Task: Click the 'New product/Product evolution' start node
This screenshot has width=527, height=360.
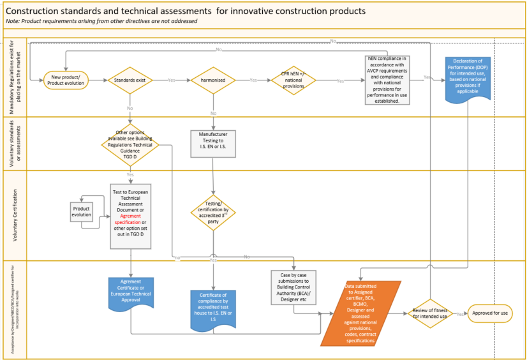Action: coord(66,80)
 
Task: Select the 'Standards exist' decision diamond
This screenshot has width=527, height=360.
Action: coord(130,80)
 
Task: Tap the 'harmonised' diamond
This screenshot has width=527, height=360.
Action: coord(214,80)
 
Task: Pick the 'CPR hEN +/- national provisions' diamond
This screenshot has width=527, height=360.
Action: coord(293,80)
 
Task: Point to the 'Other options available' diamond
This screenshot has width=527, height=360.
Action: coord(130,145)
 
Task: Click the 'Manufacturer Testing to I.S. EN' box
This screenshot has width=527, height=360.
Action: coord(214,144)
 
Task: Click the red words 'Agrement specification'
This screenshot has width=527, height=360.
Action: coord(130,218)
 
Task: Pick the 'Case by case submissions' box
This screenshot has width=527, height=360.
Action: coord(294,287)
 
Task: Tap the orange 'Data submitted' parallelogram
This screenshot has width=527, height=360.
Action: coord(360,313)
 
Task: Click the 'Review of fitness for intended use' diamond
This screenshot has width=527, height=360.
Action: coord(430,313)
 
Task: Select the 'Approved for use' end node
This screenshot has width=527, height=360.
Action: coord(491,313)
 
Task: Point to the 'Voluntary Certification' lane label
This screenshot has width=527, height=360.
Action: coord(14,215)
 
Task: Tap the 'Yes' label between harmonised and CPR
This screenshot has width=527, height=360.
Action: coord(253,80)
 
